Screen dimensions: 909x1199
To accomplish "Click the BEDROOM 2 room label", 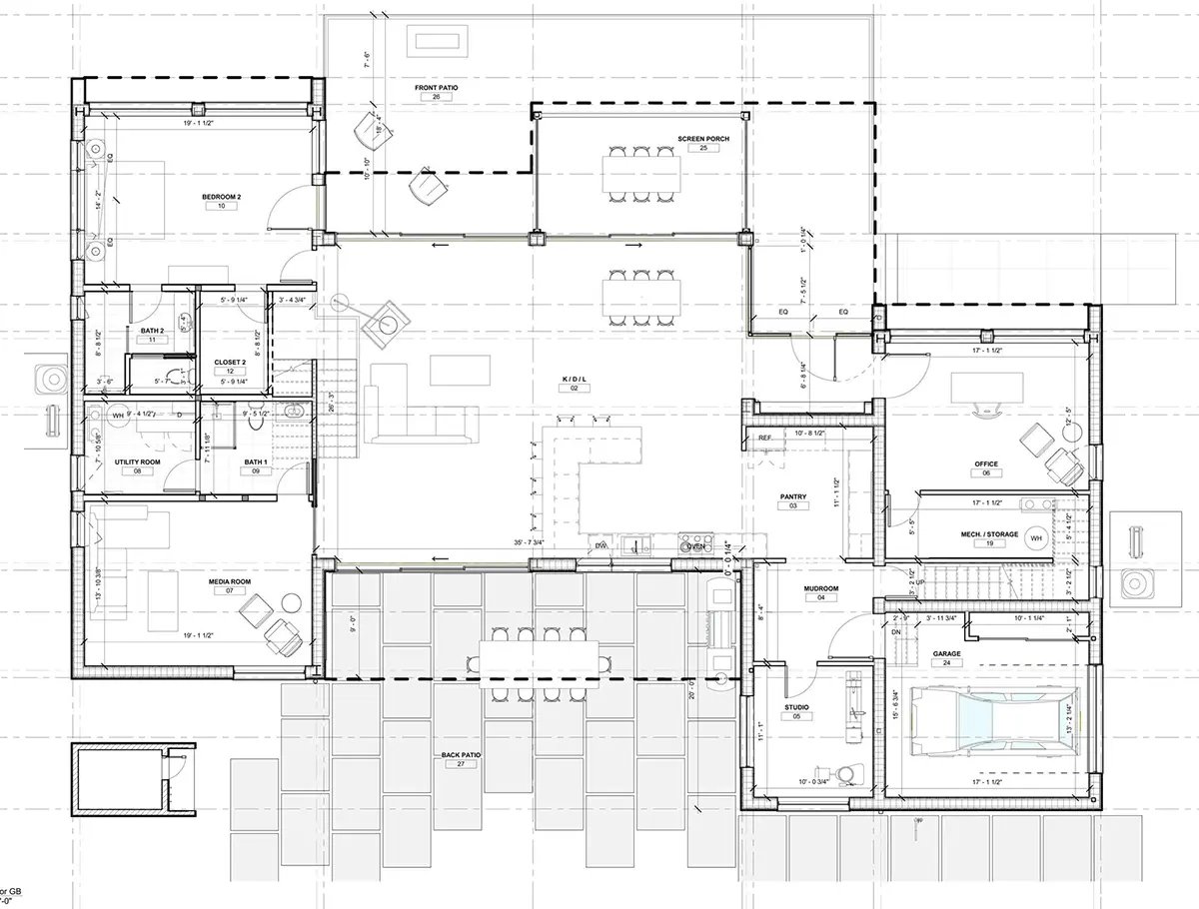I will pyautogui.click(x=221, y=198).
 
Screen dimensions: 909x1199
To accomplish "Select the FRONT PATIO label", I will pyautogui.click(x=436, y=89).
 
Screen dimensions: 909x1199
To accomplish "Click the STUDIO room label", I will pyautogui.click(x=796, y=706).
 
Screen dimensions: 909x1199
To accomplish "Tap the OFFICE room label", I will pyautogui.click(x=986, y=464).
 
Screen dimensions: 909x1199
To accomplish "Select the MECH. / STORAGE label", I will pyautogui.click(x=989, y=534).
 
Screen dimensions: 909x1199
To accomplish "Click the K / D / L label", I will pyautogui.click(x=575, y=380).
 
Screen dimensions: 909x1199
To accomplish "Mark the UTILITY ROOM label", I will pyautogui.click(x=138, y=460).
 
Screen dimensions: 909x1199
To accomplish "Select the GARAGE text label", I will pyautogui.click(x=946, y=654).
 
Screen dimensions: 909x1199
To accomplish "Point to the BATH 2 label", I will pyautogui.click(x=152, y=331).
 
